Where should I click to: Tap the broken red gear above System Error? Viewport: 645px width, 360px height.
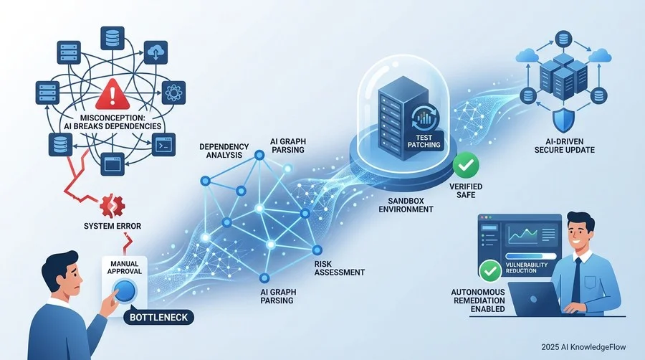pos(113,206)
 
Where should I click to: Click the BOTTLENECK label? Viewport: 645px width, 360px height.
pos(158,317)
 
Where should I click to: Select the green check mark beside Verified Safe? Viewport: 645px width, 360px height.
pos(466,166)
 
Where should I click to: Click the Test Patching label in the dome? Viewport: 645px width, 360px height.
pos(424,141)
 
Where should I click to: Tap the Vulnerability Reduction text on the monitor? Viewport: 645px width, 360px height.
pos(527,267)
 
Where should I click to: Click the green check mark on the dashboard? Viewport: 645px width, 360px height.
pos(490,271)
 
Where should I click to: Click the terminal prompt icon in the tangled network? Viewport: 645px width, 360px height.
pos(163,144)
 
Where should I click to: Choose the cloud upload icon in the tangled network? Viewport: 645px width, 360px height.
pos(156,52)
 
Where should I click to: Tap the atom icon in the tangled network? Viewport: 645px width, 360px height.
pos(173,93)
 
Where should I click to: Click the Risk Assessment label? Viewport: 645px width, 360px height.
pos(339,267)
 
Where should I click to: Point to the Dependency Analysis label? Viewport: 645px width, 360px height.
pos(224,151)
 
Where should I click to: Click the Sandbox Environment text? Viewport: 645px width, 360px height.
pos(406,205)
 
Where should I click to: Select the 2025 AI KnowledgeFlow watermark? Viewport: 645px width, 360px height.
pos(583,347)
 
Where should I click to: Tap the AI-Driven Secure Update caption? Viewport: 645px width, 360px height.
pos(565,146)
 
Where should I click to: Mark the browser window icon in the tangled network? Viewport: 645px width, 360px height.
pos(113,164)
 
